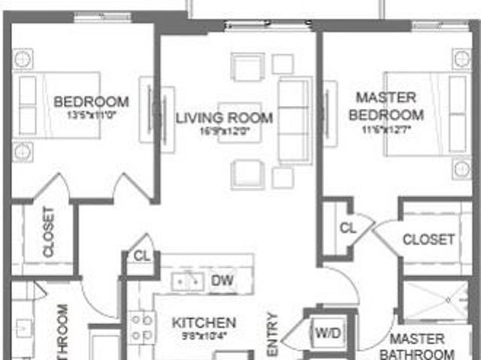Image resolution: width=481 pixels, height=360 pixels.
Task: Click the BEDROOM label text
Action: [91, 101]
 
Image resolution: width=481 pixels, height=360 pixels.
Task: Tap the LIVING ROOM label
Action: [224, 118]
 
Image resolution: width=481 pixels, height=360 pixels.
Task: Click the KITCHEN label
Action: [204, 322]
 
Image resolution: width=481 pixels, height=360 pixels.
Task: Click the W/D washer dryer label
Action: [327, 331]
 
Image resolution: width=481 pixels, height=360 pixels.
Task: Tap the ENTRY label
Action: [272, 334]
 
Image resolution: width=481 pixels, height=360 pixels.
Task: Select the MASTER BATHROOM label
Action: [417, 346]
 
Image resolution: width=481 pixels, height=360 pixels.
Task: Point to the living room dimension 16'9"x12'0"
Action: [224, 132]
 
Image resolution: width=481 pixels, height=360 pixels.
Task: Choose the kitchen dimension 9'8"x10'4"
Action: [204, 335]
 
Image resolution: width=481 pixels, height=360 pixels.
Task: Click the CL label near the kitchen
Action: [142, 256]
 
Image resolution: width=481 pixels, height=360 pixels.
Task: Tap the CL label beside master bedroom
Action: [348, 228]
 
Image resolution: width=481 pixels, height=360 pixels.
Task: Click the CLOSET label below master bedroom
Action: [428, 240]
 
